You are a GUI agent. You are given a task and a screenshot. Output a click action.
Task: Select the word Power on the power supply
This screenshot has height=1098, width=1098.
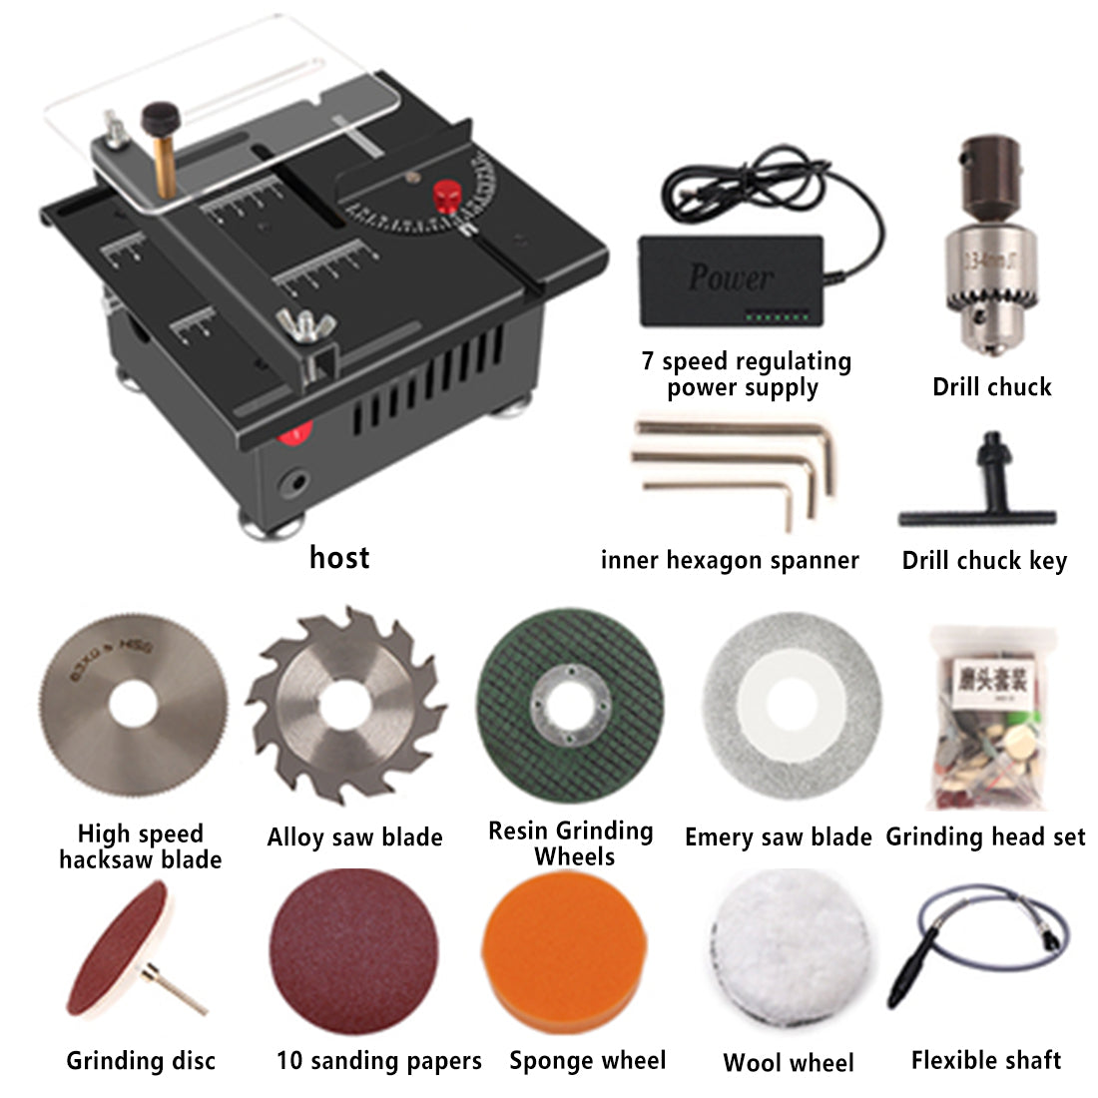[x=730, y=276]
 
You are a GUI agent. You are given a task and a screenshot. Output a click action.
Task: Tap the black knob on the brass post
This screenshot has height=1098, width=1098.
[x=157, y=118]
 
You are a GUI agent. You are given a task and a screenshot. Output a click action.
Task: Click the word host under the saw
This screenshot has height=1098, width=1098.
[x=339, y=557]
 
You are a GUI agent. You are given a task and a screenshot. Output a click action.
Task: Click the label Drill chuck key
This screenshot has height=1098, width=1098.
[x=983, y=560]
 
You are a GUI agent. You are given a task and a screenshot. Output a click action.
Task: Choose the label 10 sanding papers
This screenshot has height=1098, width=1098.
[x=378, y=1060]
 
